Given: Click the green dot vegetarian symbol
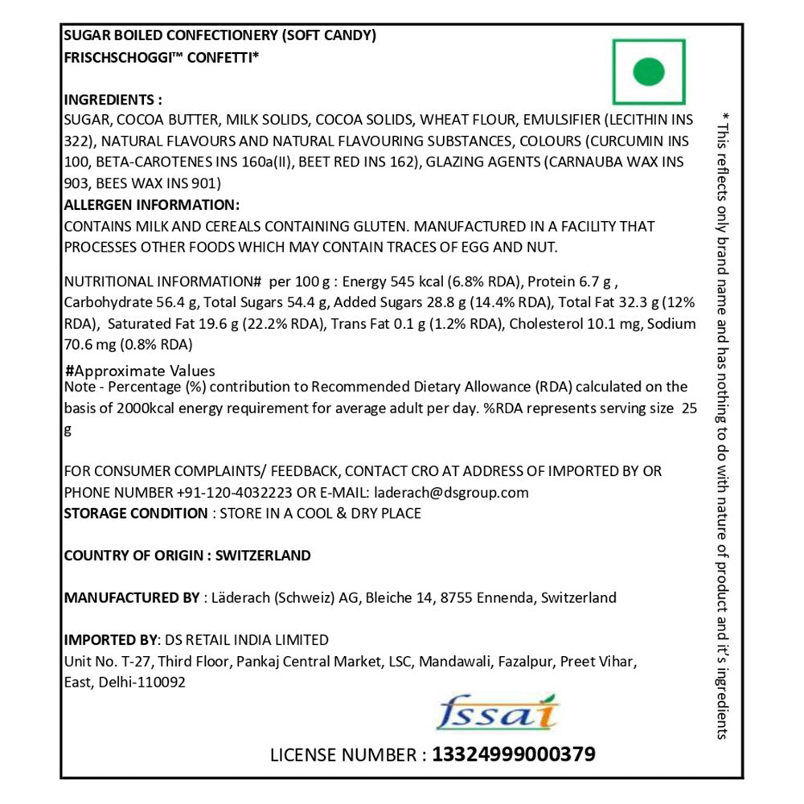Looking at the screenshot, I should pyautogui.click(x=649, y=72).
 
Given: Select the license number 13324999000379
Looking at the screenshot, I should pyautogui.click(x=514, y=755).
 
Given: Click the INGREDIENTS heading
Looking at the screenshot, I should pyautogui.click(x=113, y=100).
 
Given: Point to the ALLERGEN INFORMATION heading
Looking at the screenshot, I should pyautogui.click(x=151, y=205).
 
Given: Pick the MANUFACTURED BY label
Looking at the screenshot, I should pyautogui.click(x=131, y=597).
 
